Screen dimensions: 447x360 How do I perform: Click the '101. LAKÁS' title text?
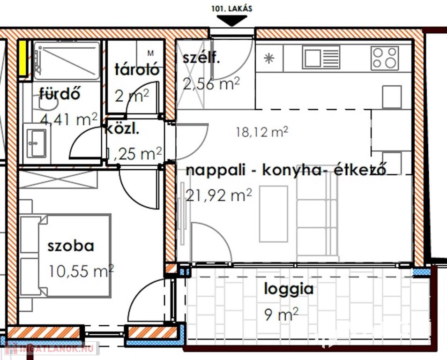(x=232, y=8)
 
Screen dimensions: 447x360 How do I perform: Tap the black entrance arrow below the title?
(x=232, y=21)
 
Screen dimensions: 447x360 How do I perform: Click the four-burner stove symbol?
(x=385, y=58)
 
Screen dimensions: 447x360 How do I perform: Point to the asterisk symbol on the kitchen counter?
(x=269, y=59)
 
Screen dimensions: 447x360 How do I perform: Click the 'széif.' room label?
(x=201, y=58)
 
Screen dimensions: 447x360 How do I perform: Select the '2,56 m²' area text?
(x=211, y=83)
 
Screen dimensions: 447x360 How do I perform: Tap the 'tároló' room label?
(x=137, y=69)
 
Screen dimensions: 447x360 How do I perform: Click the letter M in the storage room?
(x=151, y=53)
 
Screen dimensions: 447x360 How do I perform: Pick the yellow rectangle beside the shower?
(x=22, y=58)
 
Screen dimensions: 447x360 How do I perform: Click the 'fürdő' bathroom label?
(x=60, y=94)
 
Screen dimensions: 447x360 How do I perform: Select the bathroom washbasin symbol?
(x=36, y=144)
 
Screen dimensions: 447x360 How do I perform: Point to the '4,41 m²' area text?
(x=69, y=119)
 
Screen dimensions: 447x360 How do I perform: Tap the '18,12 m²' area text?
(x=262, y=132)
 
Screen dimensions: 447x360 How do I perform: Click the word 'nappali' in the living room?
(x=216, y=171)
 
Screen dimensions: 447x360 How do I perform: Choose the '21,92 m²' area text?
(x=219, y=195)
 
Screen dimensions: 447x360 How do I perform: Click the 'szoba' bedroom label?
(x=71, y=246)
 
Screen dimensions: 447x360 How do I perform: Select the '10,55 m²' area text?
(x=81, y=271)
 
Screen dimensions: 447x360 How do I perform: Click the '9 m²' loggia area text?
(x=282, y=314)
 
